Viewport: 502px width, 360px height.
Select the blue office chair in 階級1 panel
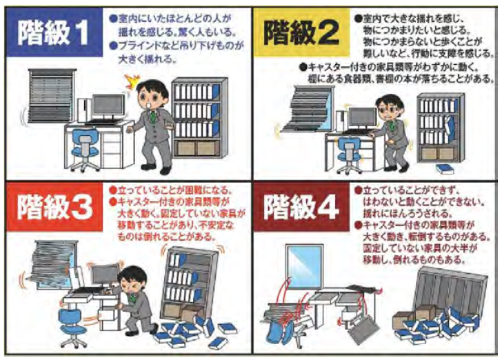(x=85, y=148)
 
